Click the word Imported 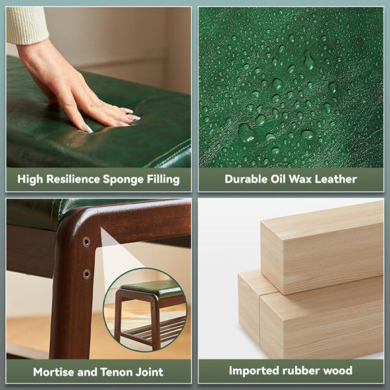254,370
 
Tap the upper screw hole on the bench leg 86,242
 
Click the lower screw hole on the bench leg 86,274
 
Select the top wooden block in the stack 322,248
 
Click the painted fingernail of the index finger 87,129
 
